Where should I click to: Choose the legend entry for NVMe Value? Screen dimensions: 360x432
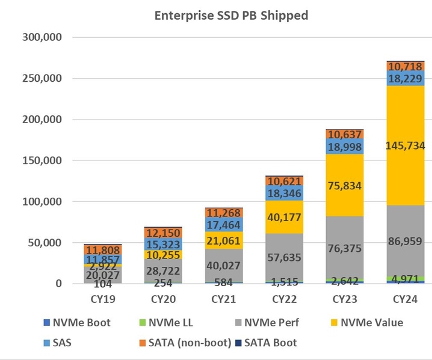point(369,322)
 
